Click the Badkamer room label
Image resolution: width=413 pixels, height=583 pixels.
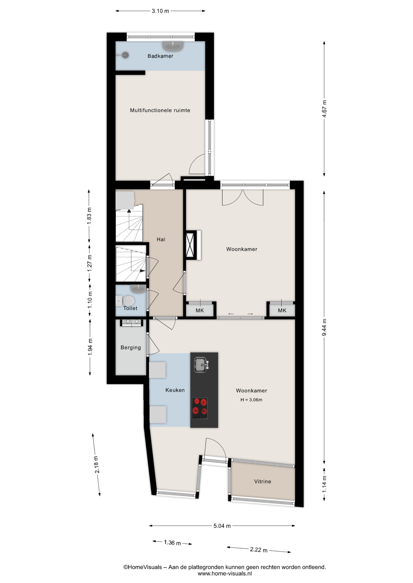pos(160,56)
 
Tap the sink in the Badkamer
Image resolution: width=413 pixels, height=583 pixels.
pos(173,46)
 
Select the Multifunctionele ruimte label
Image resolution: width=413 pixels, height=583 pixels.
pos(160,110)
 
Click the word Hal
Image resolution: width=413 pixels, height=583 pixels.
pos(161,239)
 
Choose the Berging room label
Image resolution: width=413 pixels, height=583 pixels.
pos(131,348)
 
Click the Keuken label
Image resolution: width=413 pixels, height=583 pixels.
pos(175,390)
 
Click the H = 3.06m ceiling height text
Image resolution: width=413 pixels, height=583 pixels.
pos(251,400)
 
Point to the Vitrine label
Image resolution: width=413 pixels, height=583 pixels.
pos(262,481)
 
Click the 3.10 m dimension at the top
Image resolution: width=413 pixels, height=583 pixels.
pos(160,11)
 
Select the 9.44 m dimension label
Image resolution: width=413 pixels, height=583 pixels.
pos(324,327)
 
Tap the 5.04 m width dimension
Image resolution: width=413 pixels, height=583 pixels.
pos(222,526)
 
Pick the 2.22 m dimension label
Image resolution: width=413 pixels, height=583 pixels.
pos(259,550)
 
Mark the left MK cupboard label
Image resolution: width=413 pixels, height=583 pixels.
pos(200,310)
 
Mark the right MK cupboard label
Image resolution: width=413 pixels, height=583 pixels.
pos(282,310)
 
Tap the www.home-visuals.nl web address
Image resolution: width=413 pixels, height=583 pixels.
pos(225,574)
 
